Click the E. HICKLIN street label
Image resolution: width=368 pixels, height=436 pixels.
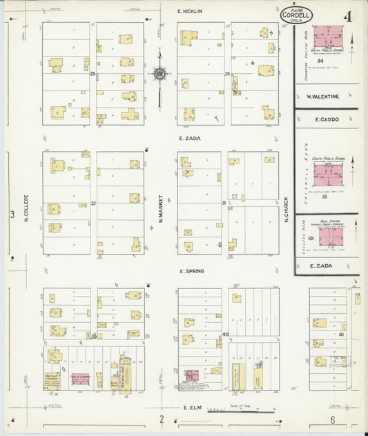click(188, 12)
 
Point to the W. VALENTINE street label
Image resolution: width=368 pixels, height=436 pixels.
click(322, 97)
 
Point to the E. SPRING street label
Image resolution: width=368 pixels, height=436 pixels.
click(191, 271)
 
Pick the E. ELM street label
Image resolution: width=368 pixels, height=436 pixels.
click(190, 408)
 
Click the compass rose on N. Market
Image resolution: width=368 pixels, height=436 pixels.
click(159, 73)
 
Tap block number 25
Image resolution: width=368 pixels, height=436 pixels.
click(93, 74)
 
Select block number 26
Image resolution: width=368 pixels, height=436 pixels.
click(226, 74)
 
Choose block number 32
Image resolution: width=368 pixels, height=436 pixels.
click(93, 204)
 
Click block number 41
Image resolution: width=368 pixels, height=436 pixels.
click(341, 335)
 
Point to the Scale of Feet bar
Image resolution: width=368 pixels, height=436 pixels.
click(242, 412)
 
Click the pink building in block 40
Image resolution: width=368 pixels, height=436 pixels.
click(191, 375)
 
